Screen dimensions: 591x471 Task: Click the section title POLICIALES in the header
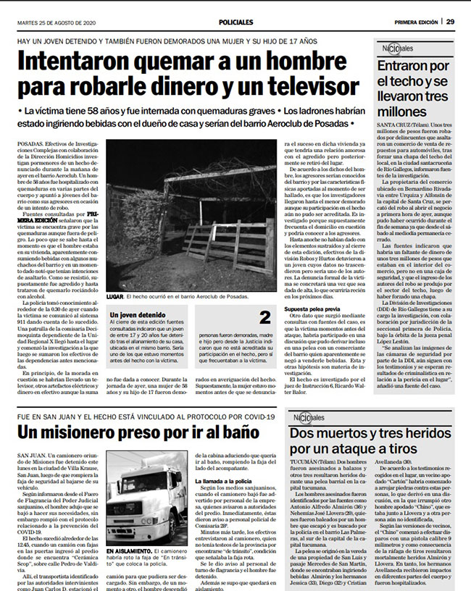click(x=236, y=22)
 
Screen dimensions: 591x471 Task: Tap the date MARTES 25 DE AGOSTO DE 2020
click(x=57, y=22)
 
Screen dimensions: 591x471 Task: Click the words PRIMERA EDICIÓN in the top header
click(x=417, y=22)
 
